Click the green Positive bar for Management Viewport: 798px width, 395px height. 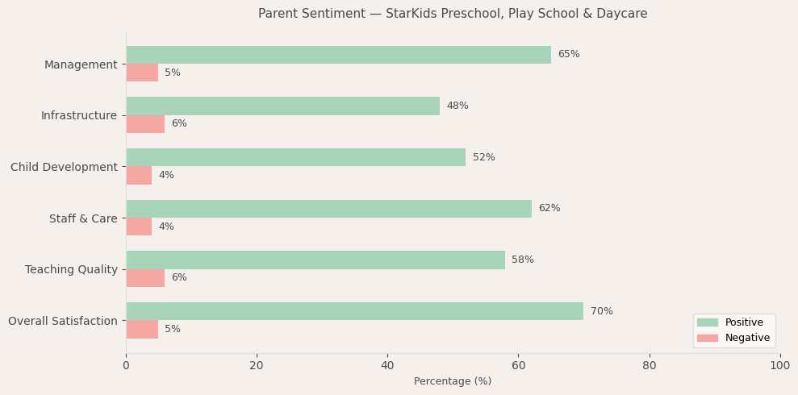click(338, 55)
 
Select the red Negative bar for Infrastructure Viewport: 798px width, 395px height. click(145, 124)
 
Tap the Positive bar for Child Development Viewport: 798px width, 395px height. click(295, 157)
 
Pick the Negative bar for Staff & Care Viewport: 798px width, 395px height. click(139, 227)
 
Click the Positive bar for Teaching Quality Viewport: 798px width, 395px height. click(315, 260)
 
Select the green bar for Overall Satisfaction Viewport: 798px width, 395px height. click(354, 311)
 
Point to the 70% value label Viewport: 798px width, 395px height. click(601, 312)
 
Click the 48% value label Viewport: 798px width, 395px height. click(457, 106)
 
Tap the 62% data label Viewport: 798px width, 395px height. click(549, 209)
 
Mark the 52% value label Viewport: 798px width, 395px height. click(483, 158)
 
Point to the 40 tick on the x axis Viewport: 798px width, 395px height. click(387, 366)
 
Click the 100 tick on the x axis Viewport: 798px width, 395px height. click(779, 366)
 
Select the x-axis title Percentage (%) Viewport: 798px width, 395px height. click(453, 382)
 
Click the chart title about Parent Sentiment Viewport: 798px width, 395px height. click(453, 14)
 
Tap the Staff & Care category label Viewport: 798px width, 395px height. click(83, 218)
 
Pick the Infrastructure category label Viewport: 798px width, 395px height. click(79, 116)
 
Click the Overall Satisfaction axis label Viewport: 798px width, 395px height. click(63, 321)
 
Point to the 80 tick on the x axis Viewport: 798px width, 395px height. click(649, 366)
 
